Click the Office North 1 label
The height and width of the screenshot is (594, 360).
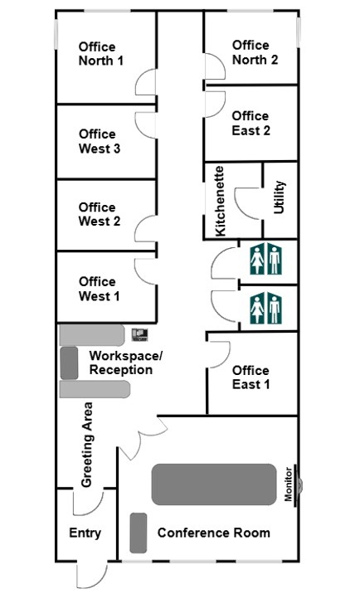coord(101,54)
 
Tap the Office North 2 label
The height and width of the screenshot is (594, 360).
coord(255,52)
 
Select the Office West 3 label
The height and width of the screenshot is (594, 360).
coord(100,141)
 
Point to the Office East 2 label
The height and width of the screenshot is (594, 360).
coord(251,123)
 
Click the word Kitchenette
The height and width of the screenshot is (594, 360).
coord(220,201)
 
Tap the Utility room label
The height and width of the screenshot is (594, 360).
coord(279,197)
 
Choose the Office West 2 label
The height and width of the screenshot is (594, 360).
coord(100,214)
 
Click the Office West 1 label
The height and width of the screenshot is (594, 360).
coord(100,289)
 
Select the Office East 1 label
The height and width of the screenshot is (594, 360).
coord(251,377)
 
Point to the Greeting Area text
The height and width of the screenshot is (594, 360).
coord(87,445)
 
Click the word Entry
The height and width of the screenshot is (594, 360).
coord(85,533)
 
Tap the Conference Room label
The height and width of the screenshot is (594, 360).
coord(214,533)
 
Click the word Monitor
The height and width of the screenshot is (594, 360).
coord(289,484)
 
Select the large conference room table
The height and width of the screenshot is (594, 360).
coord(214,484)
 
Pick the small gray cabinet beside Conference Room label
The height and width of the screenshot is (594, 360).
coord(139,533)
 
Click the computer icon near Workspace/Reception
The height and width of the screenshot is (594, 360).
coord(139,335)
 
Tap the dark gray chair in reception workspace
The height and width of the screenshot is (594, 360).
coord(70,363)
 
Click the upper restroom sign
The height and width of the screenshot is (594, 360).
coord(265,259)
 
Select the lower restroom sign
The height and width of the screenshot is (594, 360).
coord(265,308)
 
